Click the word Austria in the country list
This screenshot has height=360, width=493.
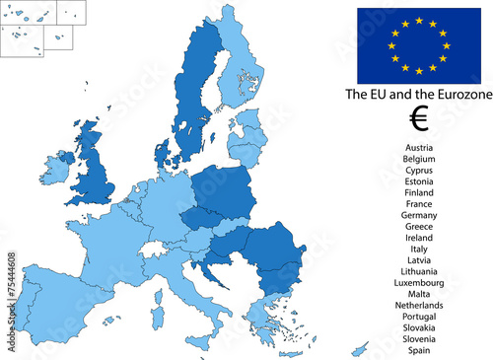[x=418, y=147]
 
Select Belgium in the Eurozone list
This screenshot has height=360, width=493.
[x=418, y=158]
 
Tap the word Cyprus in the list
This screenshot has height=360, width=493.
[x=418, y=170]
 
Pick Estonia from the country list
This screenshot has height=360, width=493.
[x=418, y=180]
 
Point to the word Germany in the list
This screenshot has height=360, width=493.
[x=418, y=215]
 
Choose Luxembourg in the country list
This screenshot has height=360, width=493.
[x=418, y=282]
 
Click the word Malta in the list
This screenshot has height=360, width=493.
[x=418, y=294]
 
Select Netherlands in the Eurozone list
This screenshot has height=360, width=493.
[x=418, y=305]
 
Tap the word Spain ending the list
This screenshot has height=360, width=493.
[x=418, y=350]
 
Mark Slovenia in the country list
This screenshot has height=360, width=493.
[x=418, y=338]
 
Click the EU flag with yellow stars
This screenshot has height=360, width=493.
[x=419, y=44]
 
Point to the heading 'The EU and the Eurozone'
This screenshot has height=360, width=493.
[x=418, y=95]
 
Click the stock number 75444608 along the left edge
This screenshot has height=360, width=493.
[x=11, y=282]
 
